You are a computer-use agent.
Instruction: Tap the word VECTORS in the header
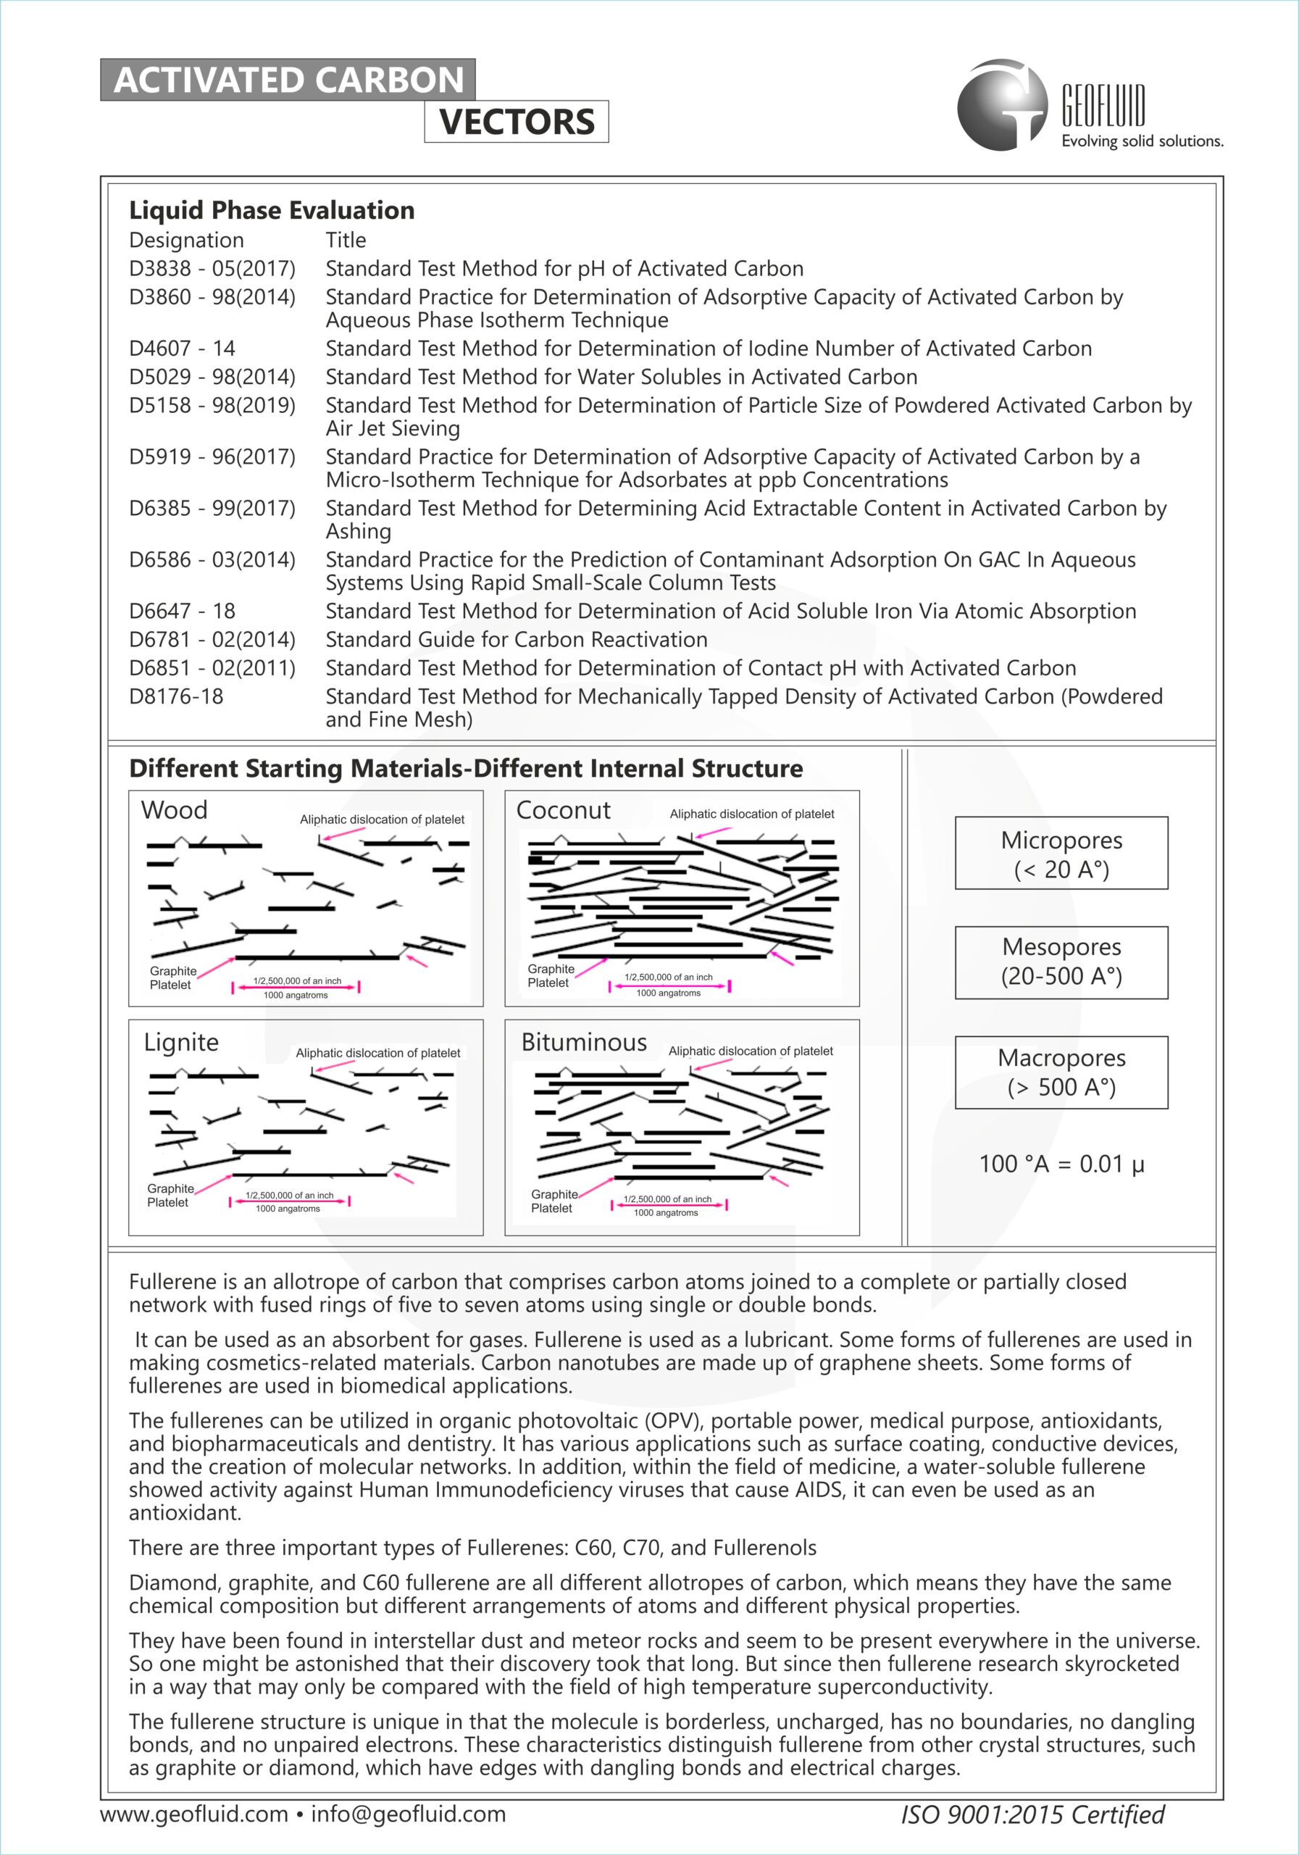[x=517, y=122]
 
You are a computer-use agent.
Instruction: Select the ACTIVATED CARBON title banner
[x=288, y=80]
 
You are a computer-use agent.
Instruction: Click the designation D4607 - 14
[x=182, y=349]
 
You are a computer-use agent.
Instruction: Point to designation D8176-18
[x=176, y=696]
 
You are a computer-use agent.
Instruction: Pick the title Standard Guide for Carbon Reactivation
[x=517, y=640]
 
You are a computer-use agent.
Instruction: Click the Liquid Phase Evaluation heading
[x=272, y=210]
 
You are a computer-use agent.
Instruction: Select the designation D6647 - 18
[x=182, y=612]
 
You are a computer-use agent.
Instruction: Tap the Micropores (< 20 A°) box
[x=1061, y=853]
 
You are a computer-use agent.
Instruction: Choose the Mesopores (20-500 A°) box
[x=1061, y=962]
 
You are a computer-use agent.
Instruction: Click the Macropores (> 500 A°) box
[x=1061, y=1072]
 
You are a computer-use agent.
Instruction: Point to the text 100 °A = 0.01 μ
[x=1061, y=1164]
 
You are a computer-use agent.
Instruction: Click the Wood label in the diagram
[x=174, y=810]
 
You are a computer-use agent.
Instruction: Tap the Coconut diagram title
[x=563, y=810]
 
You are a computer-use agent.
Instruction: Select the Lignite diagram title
[x=181, y=1042]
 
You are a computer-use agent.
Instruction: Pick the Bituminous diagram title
[x=584, y=1042]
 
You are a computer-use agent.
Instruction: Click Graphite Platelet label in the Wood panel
[x=172, y=977]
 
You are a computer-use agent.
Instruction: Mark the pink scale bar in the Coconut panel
[x=669, y=985]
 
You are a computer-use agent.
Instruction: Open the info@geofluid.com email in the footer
[x=408, y=1814]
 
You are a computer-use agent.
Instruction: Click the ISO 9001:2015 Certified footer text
[x=1032, y=1814]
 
